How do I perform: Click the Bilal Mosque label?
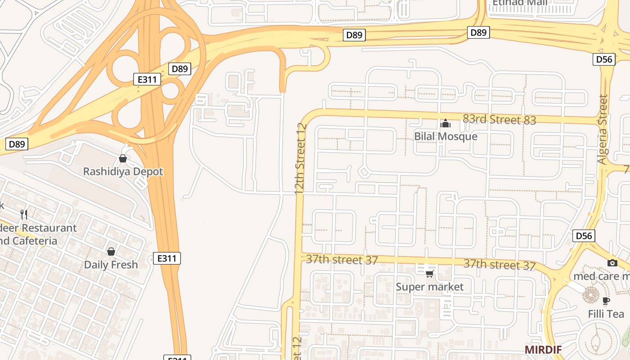pyautogui.click(x=445, y=136)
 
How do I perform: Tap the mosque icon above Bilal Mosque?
pyautogui.click(x=445, y=123)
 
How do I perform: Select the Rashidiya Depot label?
pyautogui.click(x=123, y=171)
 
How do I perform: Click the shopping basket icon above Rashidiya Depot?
pyautogui.click(x=122, y=158)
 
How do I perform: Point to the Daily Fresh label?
pyautogui.click(x=111, y=265)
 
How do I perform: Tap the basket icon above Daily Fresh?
pyautogui.click(x=111, y=252)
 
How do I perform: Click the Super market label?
pyautogui.click(x=430, y=287)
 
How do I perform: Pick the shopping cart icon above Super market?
pyautogui.click(x=430, y=273)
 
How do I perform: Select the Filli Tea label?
pyautogui.click(x=606, y=314)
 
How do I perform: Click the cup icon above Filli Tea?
pyautogui.click(x=606, y=300)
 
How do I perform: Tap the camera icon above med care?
pyautogui.click(x=612, y=263)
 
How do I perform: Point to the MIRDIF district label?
pyautogui.click(x=543, y=349)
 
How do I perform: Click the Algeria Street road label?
pyautogui.click(x=603, y=129)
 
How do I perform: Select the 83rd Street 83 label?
pyautogui.click(x=499, y=119)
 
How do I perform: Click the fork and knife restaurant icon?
pyautogui.click(x=24, y=214)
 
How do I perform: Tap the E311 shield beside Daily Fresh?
pyautogui.click(x=167, y=258)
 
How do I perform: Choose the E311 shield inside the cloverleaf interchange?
pyautogui.click(x=147, y=80)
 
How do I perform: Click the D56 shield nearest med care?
pyautogui.click(x=584, y=236)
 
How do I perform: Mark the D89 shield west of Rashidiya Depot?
pyautogui.click(x=17, y=144)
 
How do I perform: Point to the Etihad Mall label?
pyautogui.click(x=520, y=3)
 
